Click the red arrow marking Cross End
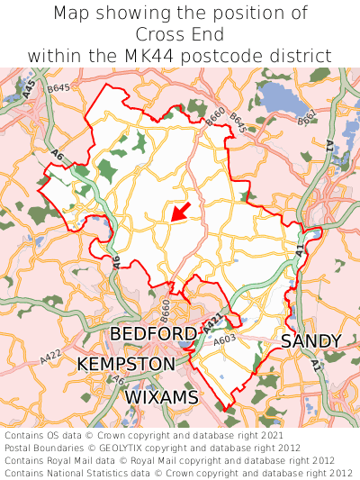coord(180,212)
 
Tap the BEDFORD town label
coord(153,335)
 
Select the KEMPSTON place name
coord(126,365)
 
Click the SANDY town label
coord(310,341)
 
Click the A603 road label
coord(225,340)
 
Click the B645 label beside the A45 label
coord(59,88)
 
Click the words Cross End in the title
coord(180,34)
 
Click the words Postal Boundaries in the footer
coord(48,448)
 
